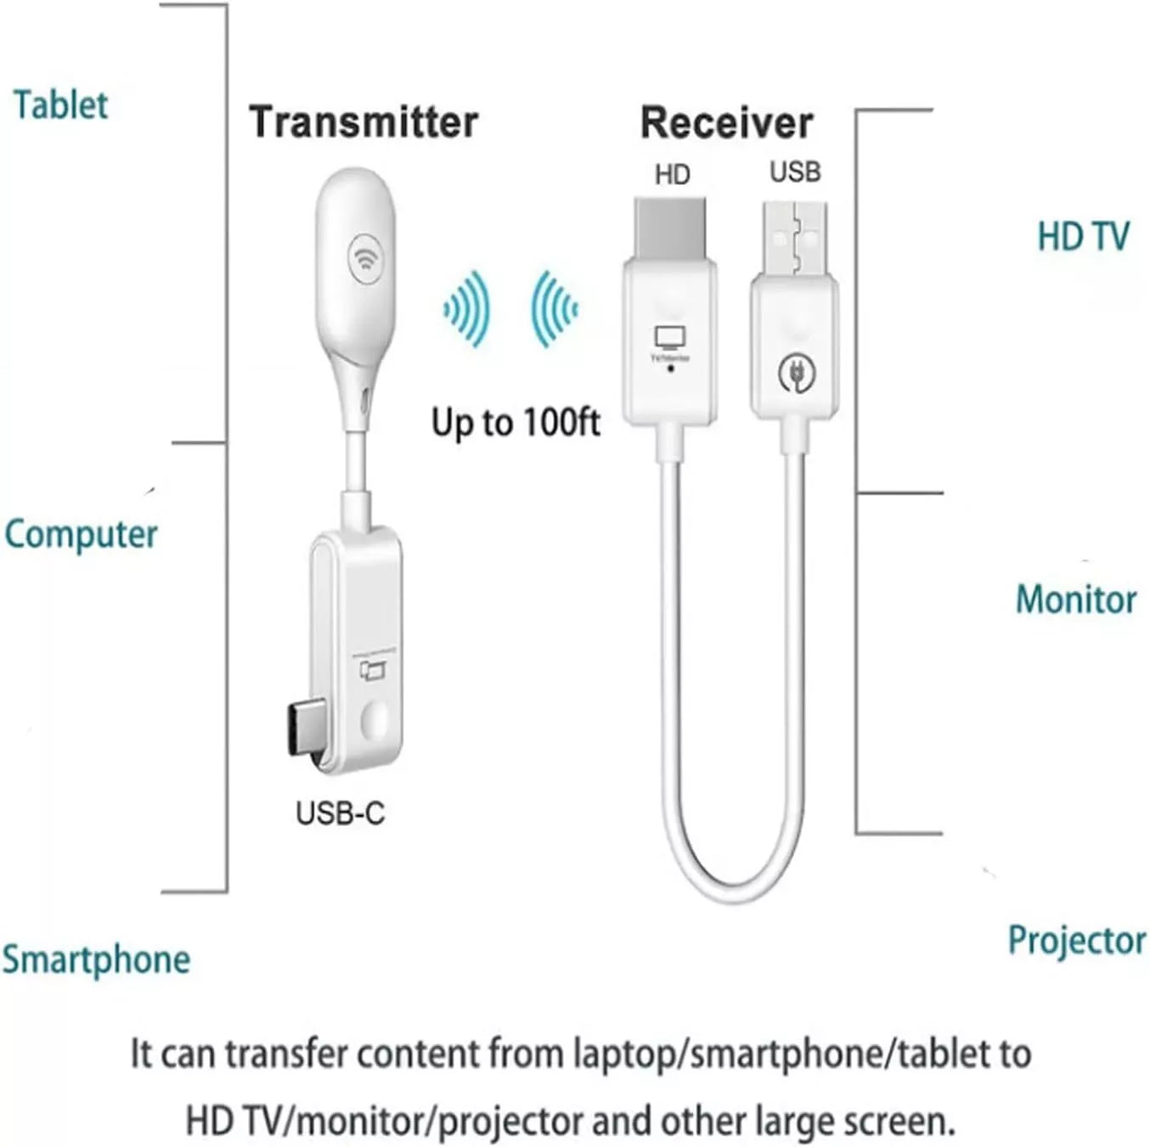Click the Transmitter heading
coord(364,122)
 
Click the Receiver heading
coord(726,122)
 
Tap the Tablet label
coord(60,105)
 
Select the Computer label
coord(81,535)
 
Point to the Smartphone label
coord(96,959)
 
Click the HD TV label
coord(1083,236)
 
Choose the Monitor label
coord(1075,599)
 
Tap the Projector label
coord(1076,940)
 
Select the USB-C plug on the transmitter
coord(304,732)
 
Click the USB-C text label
coord(340,813)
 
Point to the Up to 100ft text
coord(516,422)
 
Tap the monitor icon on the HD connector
coord(670,339)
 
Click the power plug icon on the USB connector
coord(797,372)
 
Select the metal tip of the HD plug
coord(670,228)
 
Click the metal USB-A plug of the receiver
coord(795,238)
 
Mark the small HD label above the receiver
coord(672,175)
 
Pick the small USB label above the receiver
coord(795,171)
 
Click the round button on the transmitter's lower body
coord(375,721)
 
